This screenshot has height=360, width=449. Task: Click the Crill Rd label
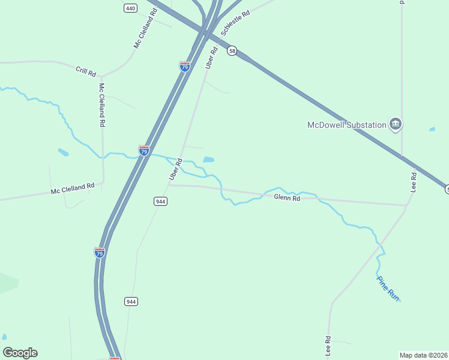86,71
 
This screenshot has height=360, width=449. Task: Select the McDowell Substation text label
346,125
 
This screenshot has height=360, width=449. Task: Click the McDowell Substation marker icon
396,124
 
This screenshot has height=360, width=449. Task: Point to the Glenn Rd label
286,197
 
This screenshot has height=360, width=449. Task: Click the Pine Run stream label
388,287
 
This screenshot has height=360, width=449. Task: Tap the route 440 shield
130,8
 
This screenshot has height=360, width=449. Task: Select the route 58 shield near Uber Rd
232,51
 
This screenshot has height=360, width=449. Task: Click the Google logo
20,353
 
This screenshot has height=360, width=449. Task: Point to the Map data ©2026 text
423,355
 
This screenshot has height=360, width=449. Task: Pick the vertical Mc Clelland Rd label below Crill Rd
102,105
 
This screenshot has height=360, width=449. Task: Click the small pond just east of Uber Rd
208,160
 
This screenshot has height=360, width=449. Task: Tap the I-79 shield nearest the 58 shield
185,66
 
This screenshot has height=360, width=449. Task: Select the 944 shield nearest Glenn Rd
160,202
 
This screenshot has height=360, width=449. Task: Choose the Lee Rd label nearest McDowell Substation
413,182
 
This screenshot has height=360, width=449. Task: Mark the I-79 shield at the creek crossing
144,151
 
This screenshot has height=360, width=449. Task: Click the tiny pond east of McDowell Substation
432,129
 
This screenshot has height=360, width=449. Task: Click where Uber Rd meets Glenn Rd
169,185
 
